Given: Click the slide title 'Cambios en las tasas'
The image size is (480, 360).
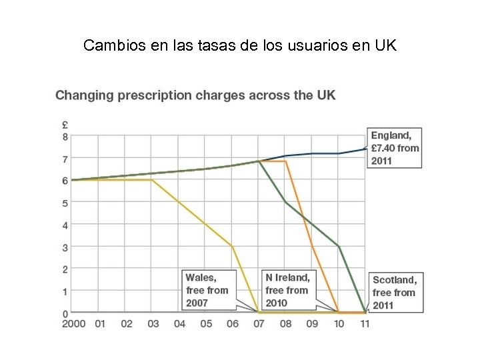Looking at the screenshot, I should pyautogui.click(x=240, y=46).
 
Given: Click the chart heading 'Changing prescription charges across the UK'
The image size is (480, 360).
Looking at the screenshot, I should pyautogui.click(x=195, y=95).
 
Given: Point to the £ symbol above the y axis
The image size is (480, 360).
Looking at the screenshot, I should pyautogui.click(x=65, y=125).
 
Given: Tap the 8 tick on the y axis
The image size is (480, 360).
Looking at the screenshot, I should pyautogui.click(x=65, y=137).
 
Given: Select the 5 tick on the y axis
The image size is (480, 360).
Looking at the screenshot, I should pyautogui.click(x=65, y=203).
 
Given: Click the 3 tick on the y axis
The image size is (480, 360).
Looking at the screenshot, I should pyautogui.click(x=65, y=247).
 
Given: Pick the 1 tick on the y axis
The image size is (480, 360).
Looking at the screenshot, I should pyautogui.click(x=65, y=291).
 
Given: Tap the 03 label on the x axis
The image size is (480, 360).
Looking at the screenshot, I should pyautogui.click(x=152, y=323).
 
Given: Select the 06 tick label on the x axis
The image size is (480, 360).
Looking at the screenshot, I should pyautogui.click(x=232, y=323).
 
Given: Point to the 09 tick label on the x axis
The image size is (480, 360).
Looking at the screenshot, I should pyautogui.click(x=311, y=323).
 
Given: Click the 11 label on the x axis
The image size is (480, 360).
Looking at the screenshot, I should pyautogui.click(x=364, y=323).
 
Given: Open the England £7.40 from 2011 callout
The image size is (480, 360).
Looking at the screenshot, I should pyautogui.click(x=395, y=148).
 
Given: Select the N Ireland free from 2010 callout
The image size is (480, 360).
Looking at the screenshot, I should pyautogui.click(x=287, y=290).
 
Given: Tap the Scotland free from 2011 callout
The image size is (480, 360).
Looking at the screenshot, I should pyautogui.click(x=395, y=293).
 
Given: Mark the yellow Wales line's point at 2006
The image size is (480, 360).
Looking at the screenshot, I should pyautogui.click(x=232, y=247).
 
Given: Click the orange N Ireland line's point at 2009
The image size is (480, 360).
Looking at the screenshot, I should pyautogui.click(x=311, y=247).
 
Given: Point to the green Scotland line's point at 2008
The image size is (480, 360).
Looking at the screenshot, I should pyautogui.click(x=285, y=202).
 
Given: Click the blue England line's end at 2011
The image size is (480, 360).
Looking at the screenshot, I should pyautogui.click(x=364, y=149).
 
